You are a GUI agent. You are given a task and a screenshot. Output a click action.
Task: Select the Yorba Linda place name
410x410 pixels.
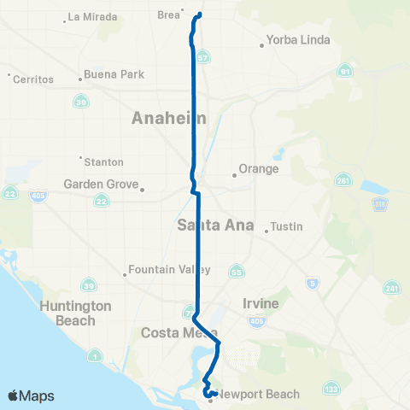291,38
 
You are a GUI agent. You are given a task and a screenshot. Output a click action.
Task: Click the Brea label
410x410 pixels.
169,15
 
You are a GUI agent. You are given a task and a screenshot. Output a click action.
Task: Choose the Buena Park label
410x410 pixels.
115,74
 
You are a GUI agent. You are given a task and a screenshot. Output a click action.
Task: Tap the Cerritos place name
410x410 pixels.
34,79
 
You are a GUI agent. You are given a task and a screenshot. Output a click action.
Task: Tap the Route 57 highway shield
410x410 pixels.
202,56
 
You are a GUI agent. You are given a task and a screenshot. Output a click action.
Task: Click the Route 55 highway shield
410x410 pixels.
236,272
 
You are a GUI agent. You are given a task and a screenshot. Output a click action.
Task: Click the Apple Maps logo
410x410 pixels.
31,395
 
